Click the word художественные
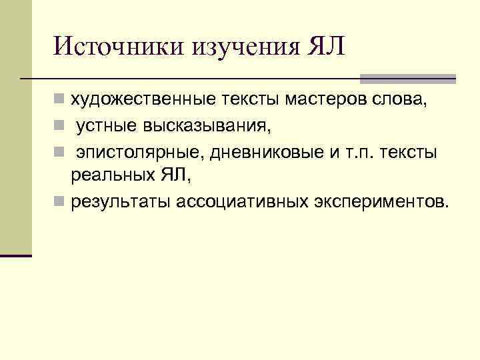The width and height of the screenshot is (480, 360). (x=143, y=100)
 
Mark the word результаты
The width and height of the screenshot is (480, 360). (x=121, y=201)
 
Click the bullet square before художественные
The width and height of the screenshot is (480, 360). (x=59, y=101)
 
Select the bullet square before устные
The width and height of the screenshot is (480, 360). (x=59, y=126)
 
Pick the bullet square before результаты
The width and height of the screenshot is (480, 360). (x=59, y=201)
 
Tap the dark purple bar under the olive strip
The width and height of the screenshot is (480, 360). (x=16, y=255)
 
